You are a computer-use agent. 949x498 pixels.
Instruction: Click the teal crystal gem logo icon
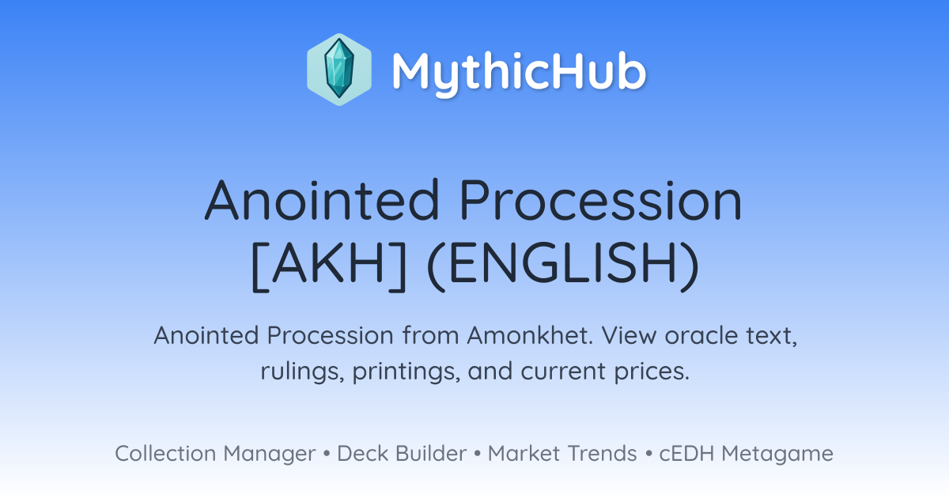point(339,70)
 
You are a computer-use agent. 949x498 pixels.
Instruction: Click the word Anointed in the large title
point(322,200)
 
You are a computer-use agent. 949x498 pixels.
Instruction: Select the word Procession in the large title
point(601,200)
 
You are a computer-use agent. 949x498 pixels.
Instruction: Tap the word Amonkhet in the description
point(530,335)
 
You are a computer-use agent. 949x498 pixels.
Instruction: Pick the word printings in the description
point(406,372)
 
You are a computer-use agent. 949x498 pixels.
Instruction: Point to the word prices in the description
point(652,372)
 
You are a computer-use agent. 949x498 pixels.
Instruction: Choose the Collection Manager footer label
point(215,454)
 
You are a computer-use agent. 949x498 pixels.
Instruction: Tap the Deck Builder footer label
point(402,453)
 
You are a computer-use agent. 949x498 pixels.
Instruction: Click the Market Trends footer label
point(562,453)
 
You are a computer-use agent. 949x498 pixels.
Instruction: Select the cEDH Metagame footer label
point(746,454)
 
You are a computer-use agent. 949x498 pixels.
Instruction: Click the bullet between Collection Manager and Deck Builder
point(327,454)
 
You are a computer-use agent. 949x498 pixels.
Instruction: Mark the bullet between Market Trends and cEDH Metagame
point(648,454)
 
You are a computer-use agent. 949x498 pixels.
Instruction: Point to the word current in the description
point(563,372)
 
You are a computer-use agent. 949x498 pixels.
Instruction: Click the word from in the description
point(430,335)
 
